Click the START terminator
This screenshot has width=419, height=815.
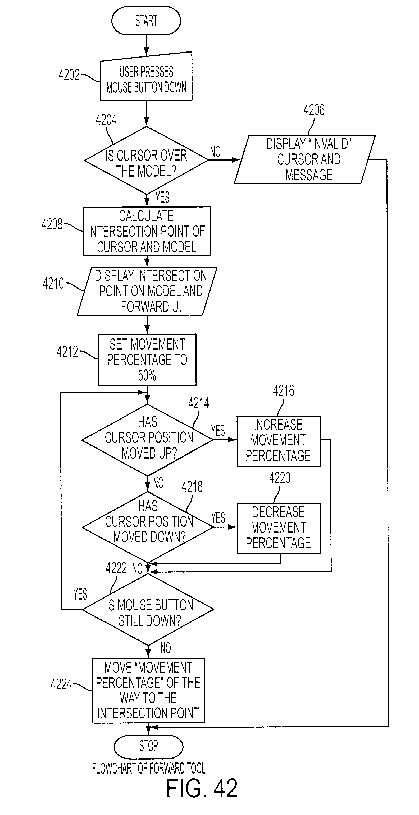[146, 21]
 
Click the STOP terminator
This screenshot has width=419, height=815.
[148, 746]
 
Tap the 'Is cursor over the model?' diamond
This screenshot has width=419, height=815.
[146, 160]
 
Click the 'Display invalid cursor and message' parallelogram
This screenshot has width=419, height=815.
[304, 159]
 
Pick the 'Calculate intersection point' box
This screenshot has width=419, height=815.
[147, 231]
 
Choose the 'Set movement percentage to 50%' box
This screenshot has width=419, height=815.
[147, 360]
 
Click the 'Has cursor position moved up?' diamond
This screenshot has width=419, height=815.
[147, 440]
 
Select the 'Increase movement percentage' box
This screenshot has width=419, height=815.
[279, 441]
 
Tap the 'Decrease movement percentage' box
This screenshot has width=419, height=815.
[279, 528]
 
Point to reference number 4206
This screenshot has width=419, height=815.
[314, 110]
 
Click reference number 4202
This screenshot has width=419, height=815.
[69, 75]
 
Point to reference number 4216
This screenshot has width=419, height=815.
[283, 391]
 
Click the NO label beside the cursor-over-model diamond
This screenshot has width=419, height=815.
[215, 152]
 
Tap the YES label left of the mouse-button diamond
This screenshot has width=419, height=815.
[80, 594]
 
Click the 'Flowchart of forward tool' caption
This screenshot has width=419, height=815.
[149, 768]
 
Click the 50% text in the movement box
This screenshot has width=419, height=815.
[147, 375]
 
